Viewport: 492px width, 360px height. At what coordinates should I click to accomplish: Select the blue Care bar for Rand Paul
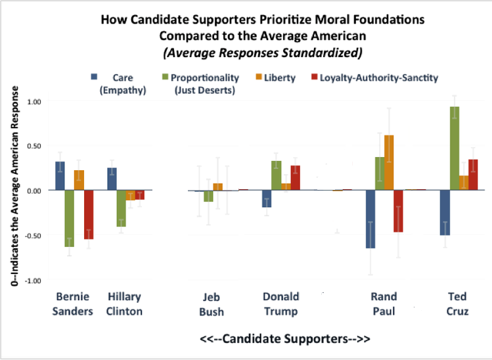point(370,219)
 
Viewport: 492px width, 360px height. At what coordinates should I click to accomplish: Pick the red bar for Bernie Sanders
point(88,214)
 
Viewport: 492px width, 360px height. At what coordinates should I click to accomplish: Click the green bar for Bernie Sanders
point(69,218)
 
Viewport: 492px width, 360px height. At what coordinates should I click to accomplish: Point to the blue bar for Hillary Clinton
point(112,179)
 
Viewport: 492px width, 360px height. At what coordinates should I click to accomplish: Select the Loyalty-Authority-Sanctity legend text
point(378,78)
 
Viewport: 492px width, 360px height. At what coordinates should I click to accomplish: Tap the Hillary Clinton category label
point(124,304)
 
